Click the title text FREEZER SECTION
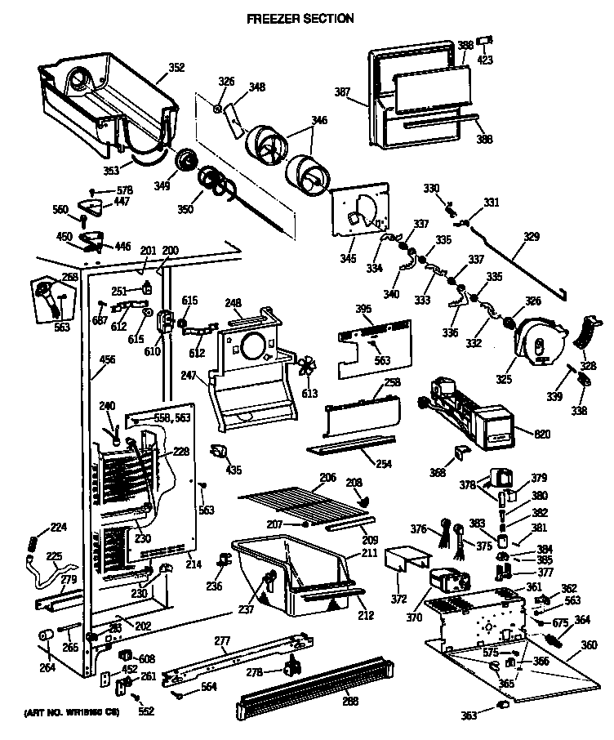tap(300, 18)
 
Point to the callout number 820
tap(520, 433)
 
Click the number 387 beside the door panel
tap(344, 92)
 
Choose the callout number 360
tap(589, 644)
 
